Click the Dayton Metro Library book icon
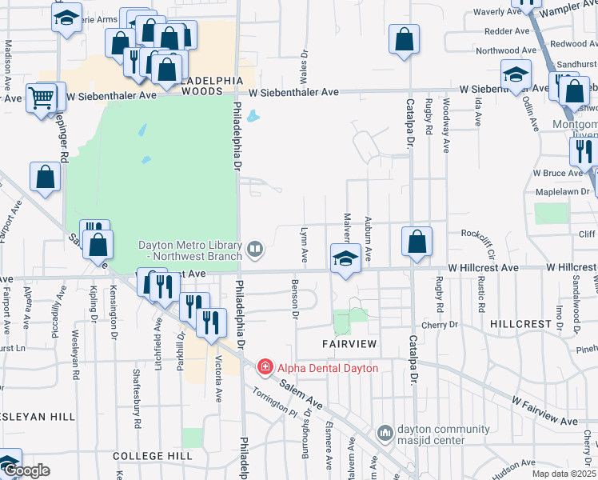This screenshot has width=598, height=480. pyautogui.click(x=255, y=249)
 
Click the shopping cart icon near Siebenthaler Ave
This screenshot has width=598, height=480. pyautogui.click(x=41, y=98)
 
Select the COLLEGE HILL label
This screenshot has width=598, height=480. pyautogui.click(x=152, y=455)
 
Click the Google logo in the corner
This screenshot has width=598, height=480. pyautogui.click(x=26, y=471)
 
